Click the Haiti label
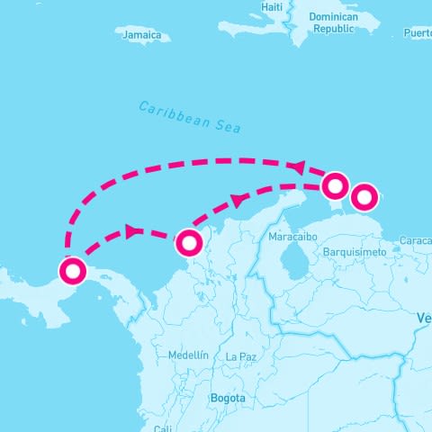click(272, 7)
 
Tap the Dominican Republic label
click(333, 22)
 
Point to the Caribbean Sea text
click(190, 117)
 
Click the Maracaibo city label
click(293, 237)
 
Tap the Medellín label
click(188, 355)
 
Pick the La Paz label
click(241, 357)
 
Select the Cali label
click(163, 428)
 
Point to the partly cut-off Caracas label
click(415, 241)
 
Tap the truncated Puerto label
click(418, 33)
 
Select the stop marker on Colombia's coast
click(189, 243)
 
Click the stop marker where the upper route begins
click(335, 186)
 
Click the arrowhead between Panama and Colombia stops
click(133, 231)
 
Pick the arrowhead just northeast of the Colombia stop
click(238, 200)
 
